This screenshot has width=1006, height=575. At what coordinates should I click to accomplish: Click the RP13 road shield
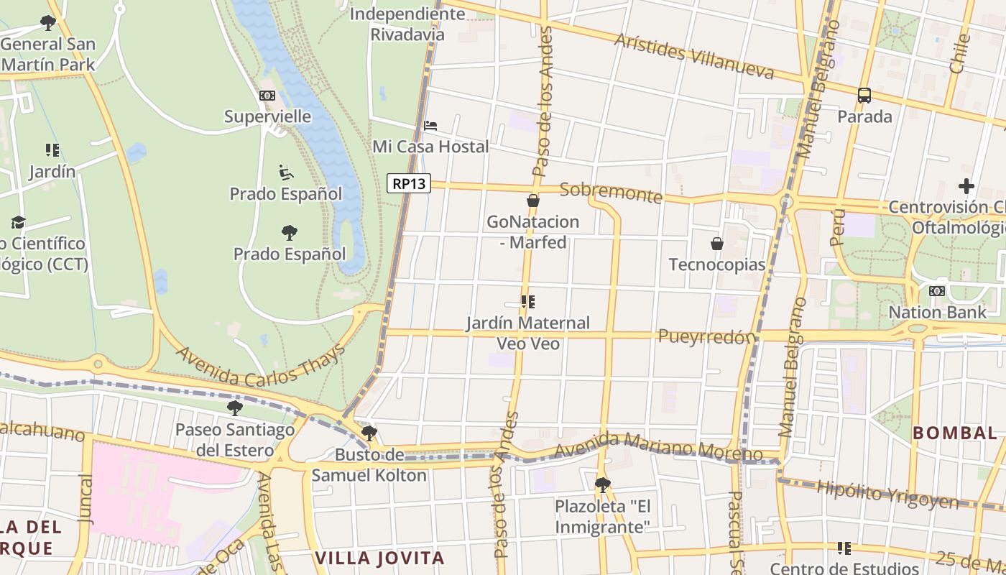pyautogui.click(x=409, y=184)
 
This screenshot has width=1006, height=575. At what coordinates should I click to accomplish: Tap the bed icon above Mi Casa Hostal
pyautogui.click(x=430, y=126)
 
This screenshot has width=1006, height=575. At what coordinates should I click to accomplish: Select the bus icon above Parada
pyautogui.click(x=864, y=95)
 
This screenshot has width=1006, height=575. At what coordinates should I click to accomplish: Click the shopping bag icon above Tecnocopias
pyautogui.click(x=716, y=244)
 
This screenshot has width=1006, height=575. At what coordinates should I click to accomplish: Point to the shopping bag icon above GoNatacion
pyautogui.click(x=532, y=201)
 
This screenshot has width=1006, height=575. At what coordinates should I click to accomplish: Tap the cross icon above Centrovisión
pyautogui.click(x=966, y=186)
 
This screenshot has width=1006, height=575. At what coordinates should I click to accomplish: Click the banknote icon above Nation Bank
pyautogui.click(x=937, y=291)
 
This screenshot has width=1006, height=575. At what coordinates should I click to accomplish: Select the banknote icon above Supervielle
pyautogui.click(x=267, y=96)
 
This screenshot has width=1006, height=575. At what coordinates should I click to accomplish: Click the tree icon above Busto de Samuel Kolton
pyautogui.click(x=369, y=433)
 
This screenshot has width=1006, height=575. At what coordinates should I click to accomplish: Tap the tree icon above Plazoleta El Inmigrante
pyautogui.click(x=602, y=484)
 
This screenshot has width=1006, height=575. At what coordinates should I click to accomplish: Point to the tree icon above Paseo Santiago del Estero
pyautogui.click(x=234, y=408)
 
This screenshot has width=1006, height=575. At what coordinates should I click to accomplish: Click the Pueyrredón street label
pyautogui.click(x=708, y=336)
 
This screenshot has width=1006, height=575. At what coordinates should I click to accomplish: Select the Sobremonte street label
pyautogui.click(x=611, y=192)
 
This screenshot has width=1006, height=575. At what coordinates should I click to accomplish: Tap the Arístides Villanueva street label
pyautogui.click(x=694, y=55)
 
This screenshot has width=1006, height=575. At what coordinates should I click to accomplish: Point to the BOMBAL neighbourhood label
pyautogui.click(x=954, y=433)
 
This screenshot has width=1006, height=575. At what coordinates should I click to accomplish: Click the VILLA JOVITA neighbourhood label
pyautogui.click(x=379, y=558)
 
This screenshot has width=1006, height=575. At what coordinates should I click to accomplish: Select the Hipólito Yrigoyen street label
pyautogui.click(x=887, y=495)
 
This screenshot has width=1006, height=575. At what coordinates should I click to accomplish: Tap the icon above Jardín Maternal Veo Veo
pyautogui.click(x=528, y=302)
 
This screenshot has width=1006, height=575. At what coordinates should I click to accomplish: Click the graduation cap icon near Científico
pyautogui.click(x=18, y=223)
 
